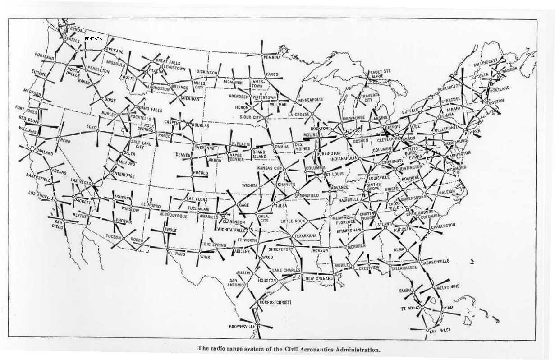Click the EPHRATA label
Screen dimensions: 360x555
(93, 39)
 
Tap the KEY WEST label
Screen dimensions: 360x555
(440, 330)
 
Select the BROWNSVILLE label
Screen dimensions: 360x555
(242, 326)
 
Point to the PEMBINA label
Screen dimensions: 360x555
(272, 58)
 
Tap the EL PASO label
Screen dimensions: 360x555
(177, 254)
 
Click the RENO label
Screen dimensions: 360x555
(63, 140)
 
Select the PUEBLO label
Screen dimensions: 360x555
(201, 173)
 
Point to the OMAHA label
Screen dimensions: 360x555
(281, 146)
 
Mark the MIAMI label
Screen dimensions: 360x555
(449, 308)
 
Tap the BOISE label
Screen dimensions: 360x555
(110, 100)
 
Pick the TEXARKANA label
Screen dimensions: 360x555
(306, 235)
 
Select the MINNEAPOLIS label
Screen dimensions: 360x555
(310, 100)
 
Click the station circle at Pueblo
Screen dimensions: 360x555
(192, 177)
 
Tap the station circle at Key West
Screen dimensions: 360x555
(427, 331)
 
